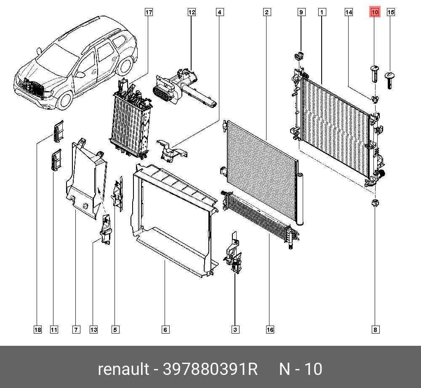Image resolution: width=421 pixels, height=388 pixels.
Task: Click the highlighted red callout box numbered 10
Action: [x=375, y=12]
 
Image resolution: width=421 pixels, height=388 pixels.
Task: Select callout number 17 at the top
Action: [x=148, y=12]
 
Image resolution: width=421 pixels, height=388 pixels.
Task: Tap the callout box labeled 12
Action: [x=192, y=12]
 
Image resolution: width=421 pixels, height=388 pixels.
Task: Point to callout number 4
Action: [x=219, y=12]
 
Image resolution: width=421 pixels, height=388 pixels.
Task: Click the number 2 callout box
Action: [x=266, y=12]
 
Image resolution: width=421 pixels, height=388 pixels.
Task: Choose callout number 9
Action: [x=301, y=12]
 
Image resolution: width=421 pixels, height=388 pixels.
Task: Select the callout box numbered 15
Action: [x=391, y=12]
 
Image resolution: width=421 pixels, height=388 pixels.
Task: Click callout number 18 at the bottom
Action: [x=38, y=329]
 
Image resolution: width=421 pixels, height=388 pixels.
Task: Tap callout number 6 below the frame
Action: [x=165, y=329]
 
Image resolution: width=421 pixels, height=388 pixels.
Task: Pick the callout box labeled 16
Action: [x=270, y=329]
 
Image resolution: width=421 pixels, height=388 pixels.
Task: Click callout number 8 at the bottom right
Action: [x=375, y=329]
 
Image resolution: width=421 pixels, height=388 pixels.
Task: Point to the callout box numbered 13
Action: [x=93, y=329]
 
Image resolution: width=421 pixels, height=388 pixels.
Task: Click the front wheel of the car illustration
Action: [x=65, y=100]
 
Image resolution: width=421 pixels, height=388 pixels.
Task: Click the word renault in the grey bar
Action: [x=123, y=369]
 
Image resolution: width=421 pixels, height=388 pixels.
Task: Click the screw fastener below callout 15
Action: [x=390, y=78]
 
